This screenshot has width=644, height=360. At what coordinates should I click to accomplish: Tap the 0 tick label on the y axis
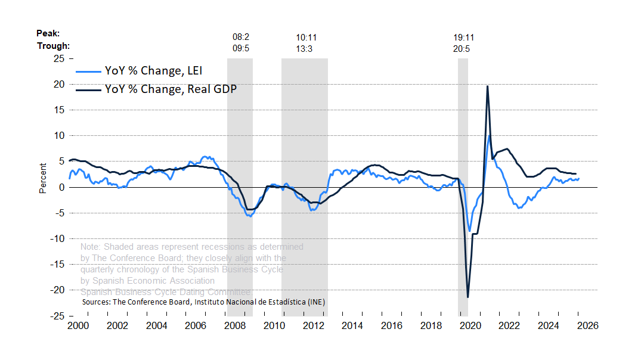pyautogui.click(x=62, y=187)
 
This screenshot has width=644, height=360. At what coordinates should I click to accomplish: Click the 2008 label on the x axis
pyautogui.click(x=235, y=326)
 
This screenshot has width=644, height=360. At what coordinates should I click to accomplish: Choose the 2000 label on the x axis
pyautogui.click(x=78, y=326)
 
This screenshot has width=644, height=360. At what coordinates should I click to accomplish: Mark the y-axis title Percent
pyautogui.click(x=43, y=178)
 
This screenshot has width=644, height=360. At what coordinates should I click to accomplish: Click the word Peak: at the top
pyautogui.click(x=48, y=33)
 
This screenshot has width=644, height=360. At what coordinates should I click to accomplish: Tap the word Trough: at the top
pyautogui.click(x=54, y=45)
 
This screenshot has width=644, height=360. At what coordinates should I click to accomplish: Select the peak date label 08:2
pyautogui.click(x=241, y=37)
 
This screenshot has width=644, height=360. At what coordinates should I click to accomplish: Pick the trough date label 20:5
pyautogui.click(x=462, y=49)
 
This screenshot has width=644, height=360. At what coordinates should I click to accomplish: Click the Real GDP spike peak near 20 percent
pyautogui.click(x=488, y=86)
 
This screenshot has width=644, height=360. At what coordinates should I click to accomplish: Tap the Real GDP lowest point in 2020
pyautogui.click(x=468, y=297)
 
